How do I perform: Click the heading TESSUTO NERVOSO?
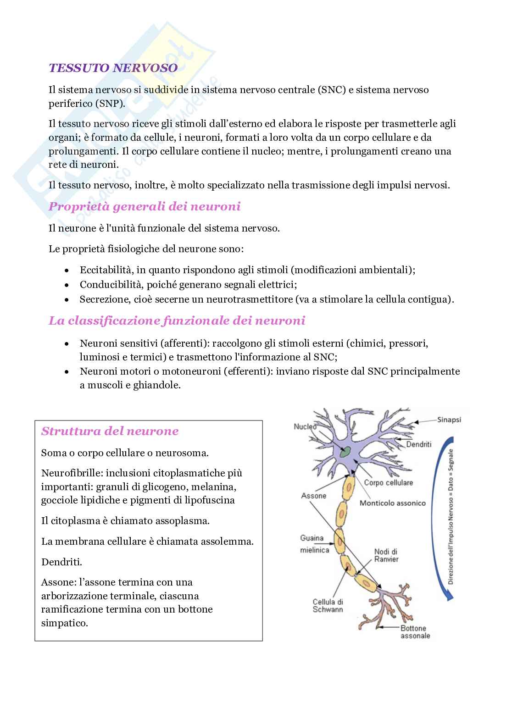(113, 68)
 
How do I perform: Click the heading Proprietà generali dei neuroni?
(145, 206)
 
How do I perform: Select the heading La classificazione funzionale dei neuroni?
(177, 320)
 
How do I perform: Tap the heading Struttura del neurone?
(110, 431)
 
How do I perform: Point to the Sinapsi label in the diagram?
(449, 420)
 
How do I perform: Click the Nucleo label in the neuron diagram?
(305, 426)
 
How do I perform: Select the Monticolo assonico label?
(392, 503)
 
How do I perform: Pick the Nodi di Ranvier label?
(386, 555)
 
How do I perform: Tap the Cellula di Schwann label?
(328, 606)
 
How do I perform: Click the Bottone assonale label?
(415, 632)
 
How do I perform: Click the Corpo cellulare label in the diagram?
(388, 482)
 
